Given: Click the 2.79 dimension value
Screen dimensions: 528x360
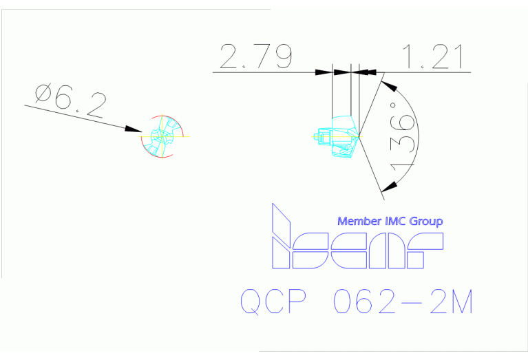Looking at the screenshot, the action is tap(256, 56).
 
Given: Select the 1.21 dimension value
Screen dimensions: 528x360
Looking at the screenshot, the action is tap(433, 56).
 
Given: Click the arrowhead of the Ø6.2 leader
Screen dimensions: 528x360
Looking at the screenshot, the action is tap(134, 129).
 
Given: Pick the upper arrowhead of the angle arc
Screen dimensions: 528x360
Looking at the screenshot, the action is tap(389, 85).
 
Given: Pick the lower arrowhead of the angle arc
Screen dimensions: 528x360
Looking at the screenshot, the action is tap(388, 187).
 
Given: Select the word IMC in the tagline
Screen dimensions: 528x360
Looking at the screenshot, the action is tap(395, 221).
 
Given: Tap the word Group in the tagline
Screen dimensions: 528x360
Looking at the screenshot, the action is tap(426, 222).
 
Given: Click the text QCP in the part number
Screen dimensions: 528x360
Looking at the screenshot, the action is tap(273, 301).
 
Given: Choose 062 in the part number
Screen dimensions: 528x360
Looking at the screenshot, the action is tap(364, 301).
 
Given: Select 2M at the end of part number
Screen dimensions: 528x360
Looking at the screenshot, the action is tap(452, 301).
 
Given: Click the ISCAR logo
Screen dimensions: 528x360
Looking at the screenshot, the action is tap(357, 235).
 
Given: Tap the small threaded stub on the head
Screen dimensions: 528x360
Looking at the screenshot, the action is tap(316, 136).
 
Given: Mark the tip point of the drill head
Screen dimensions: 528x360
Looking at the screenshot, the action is tap(359, 136).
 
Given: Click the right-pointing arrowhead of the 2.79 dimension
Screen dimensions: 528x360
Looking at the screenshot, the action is tap(324, 72).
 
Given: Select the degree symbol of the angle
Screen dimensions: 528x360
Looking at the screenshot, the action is tap(393, 105).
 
